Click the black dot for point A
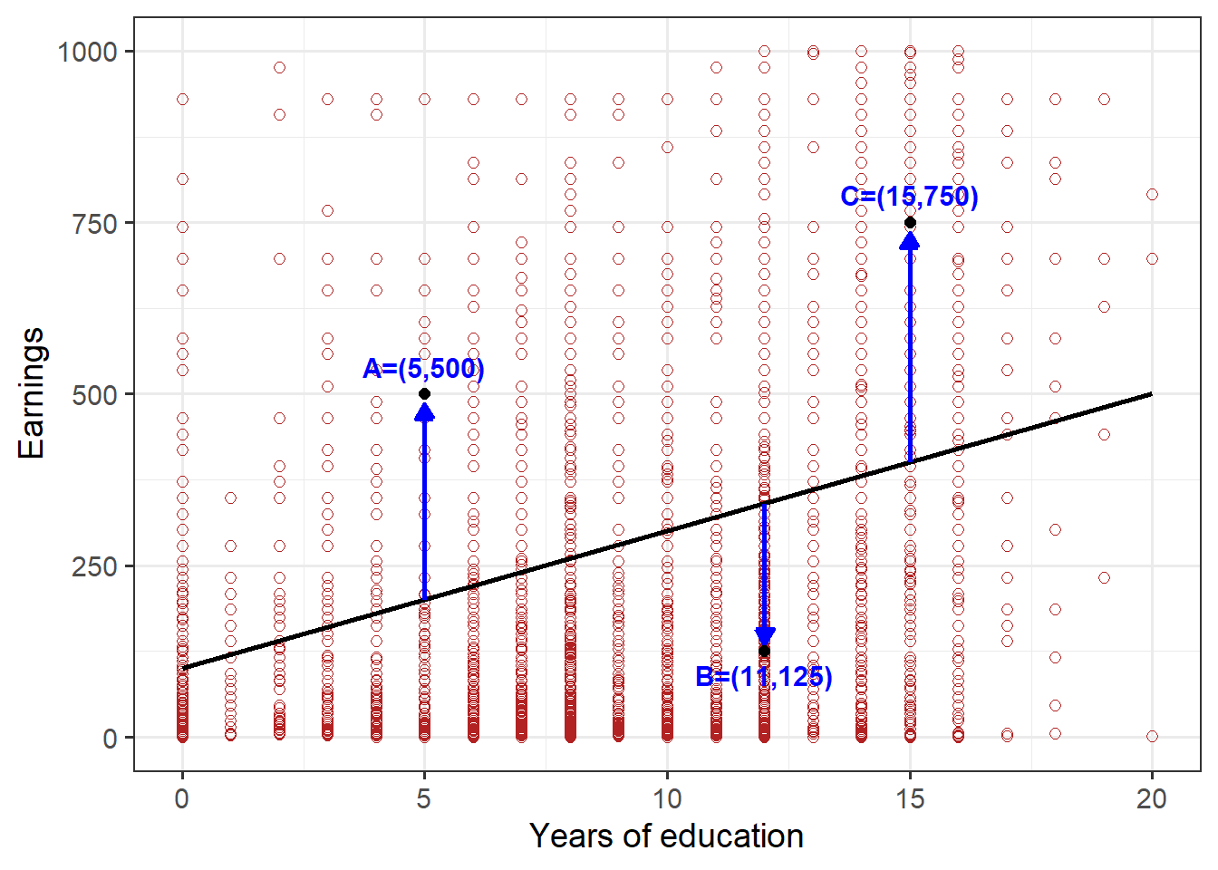tap(424, 394)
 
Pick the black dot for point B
tap(764, 651)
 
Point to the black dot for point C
tap(910, 223)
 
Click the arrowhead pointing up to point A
tap(424, 412)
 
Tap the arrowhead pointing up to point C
tap(910, 240)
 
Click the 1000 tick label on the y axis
tap(88, 52)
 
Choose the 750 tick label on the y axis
tap(95, 223)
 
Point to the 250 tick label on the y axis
tap(95, 566)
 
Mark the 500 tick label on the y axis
tap(95, 395)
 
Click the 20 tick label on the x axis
tap(1152, 798)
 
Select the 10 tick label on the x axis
tap(667, 798)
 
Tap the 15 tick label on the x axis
tap(910, 798)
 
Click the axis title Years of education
tap(666, 836)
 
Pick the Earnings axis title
tap(31, 393)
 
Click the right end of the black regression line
tap(1151, 394)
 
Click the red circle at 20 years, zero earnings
tap(1152, 736)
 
